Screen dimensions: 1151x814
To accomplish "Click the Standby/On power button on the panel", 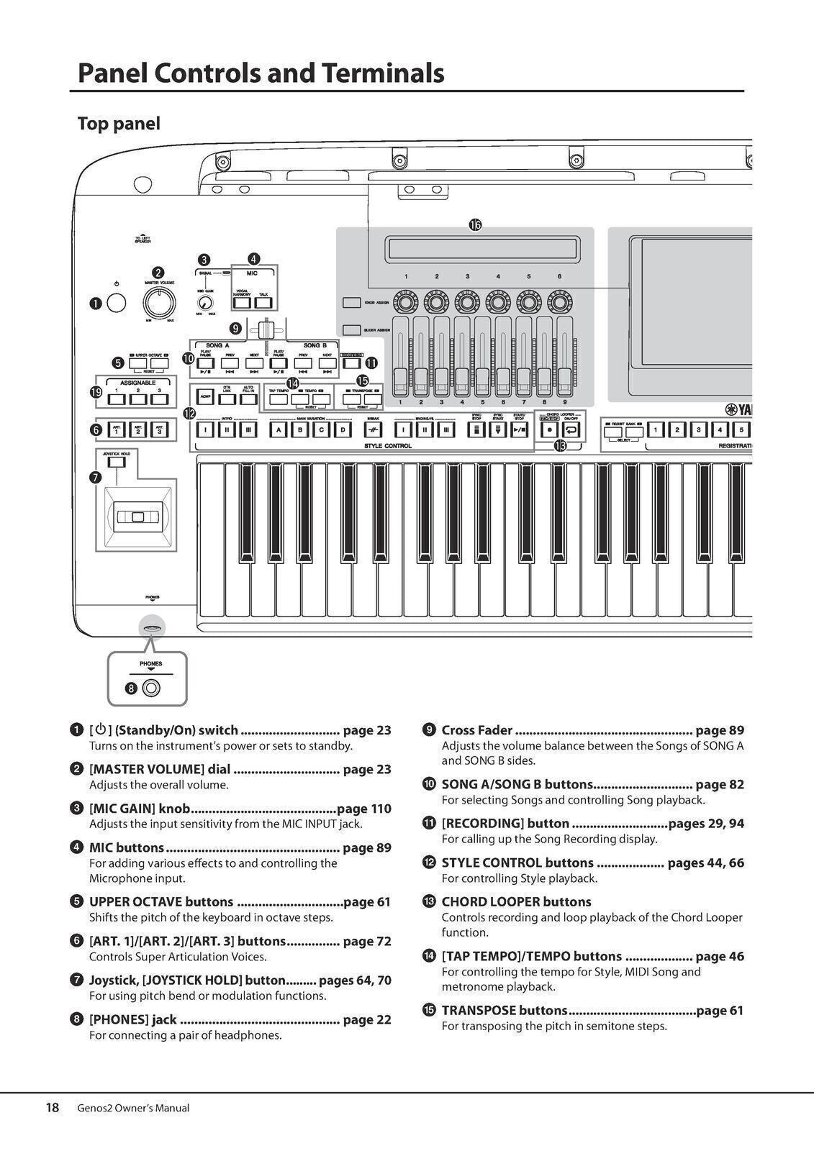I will click(x=116, y=304).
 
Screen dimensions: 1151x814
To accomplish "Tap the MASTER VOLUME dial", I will click(x=159, y=304).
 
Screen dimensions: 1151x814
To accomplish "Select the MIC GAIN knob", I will click(x=205, y=303).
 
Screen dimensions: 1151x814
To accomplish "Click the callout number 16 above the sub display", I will click(x=475, y=225).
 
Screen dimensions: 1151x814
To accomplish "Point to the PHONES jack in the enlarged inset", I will click(x=151, y=688).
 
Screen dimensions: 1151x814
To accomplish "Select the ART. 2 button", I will click(x=136, y=429).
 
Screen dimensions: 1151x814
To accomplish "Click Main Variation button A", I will click(x=278, y=430).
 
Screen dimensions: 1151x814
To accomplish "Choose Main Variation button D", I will click(x=344, y=430).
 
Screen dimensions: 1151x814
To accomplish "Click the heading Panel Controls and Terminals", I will click(x=261, y=73).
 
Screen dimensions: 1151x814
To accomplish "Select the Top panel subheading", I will click(x=119, y=124).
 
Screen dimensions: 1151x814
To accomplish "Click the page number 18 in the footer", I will click(x=53, y=1108).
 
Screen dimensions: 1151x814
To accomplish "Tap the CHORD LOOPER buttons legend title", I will click(x=516, y=901).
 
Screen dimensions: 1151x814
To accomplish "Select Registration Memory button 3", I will click(x=697, y=430).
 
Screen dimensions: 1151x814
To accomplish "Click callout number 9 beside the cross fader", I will click(x=235, y=329).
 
